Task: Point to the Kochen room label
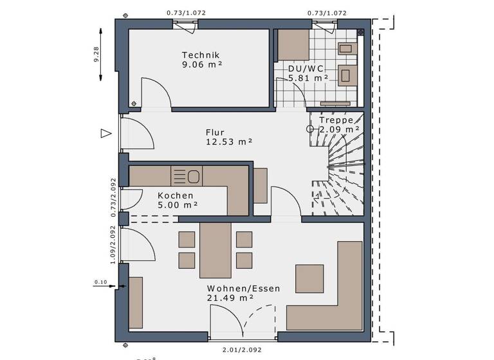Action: [175, 195]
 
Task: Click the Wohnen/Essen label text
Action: [243, 289]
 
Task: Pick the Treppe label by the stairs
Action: [334, 120]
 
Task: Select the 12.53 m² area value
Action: [228, 141]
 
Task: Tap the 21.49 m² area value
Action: [230, 298]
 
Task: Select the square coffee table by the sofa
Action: [309, 278]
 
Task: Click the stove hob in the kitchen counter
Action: [187, 175]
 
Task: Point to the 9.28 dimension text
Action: [96, 53]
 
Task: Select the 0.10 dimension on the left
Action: [100, 282]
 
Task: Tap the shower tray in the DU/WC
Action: [293, 44]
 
